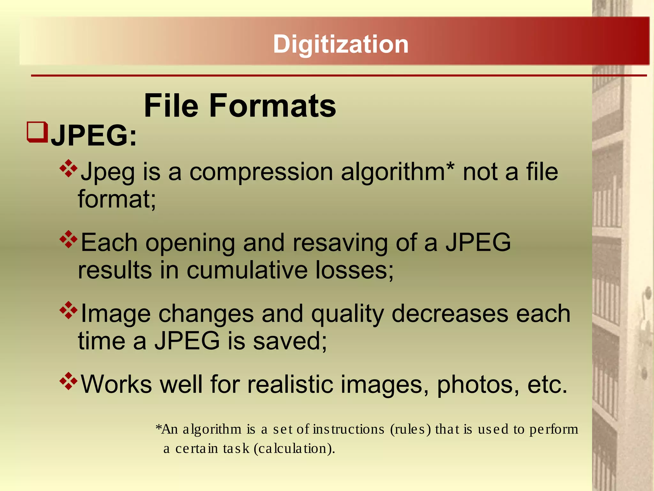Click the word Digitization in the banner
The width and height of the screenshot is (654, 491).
tap(341, 44)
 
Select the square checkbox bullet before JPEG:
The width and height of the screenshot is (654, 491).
tap(37, 132)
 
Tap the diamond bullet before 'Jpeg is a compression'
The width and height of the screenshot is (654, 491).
tap(69, 168)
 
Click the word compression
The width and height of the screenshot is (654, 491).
tap(261, 172)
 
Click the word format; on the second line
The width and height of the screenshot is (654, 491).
tap(117, 199)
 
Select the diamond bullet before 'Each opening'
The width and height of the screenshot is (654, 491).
tap(69, 239)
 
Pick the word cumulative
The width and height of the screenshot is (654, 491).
tap(247, 270)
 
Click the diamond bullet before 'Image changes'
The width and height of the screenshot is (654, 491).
tap(69, 310)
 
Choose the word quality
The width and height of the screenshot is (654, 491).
tap(347, 314)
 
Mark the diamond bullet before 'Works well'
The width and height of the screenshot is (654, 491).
tap(69, 381)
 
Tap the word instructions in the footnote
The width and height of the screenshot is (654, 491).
tap(349, 429)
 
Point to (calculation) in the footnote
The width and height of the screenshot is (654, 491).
tap(294, 449)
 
